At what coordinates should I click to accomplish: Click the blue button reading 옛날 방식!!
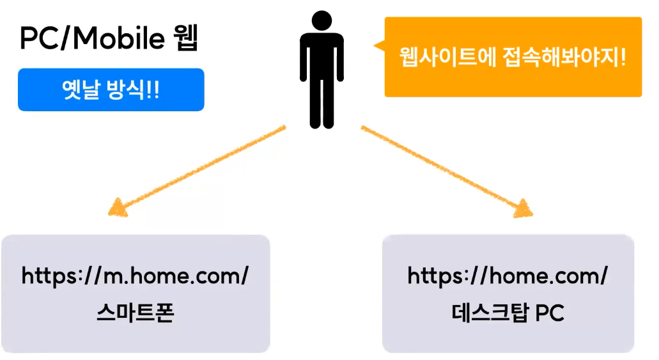point(111,90)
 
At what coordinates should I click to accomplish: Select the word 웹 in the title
point(186,39)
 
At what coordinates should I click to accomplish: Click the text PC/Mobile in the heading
point(93,40)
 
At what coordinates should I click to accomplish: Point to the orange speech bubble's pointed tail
point(378,46)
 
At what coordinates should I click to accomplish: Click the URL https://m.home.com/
point(135,276)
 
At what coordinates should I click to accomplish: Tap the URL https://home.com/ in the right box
point(508,276)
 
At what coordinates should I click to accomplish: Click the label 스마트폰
point(135,313)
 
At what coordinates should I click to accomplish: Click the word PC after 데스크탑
point(550,313)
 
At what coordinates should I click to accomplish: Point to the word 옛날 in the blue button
point(82,90)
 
